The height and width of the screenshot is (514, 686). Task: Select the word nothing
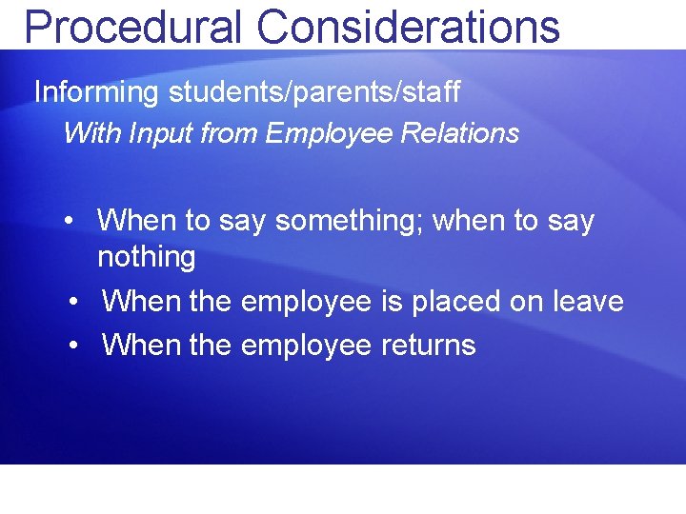coord(146,257)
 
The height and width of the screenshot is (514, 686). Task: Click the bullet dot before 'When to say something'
coord(71,221)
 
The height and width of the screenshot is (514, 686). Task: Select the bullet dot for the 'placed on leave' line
coord(75,303)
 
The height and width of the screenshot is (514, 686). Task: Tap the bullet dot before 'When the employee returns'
coord(75,344)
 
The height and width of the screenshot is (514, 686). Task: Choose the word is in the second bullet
coord(392,303)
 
